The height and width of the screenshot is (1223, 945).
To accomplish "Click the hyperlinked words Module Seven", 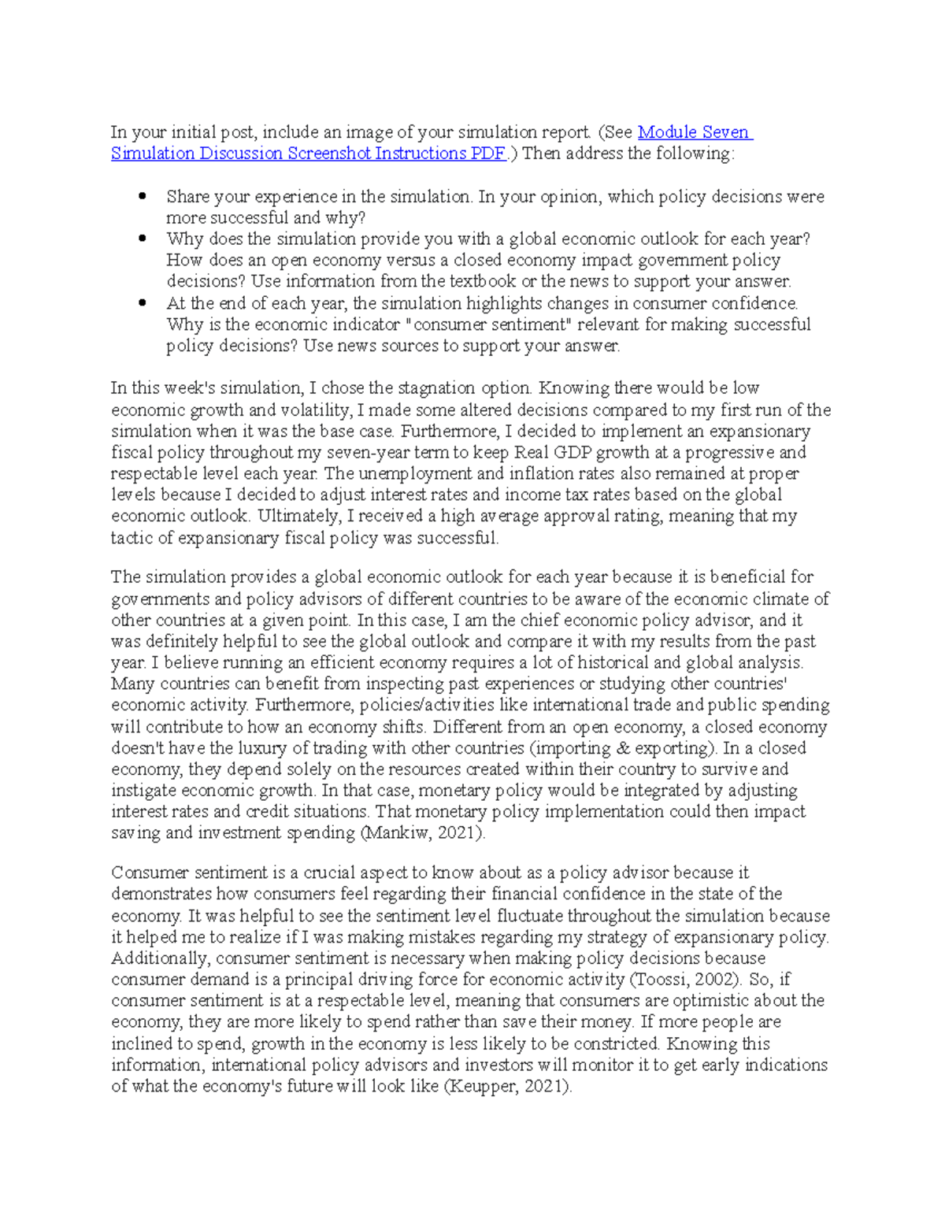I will (x=695, y=132).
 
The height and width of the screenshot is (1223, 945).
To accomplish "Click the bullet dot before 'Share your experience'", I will (x=143, y=196).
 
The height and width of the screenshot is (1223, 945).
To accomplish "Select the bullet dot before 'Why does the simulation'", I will (x=143, y=239).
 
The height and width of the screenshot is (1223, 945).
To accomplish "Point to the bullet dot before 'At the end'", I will (x=143, y=303).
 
